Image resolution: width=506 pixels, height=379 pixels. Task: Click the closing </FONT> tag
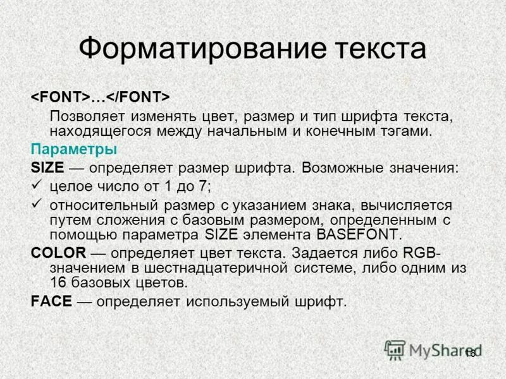tap(137, 97)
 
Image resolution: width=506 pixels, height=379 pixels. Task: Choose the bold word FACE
tap(51, 301)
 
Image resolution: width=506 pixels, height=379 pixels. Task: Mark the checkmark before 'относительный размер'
tap(36, 204)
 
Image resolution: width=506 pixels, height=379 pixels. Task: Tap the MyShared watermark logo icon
tap(395, 349)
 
